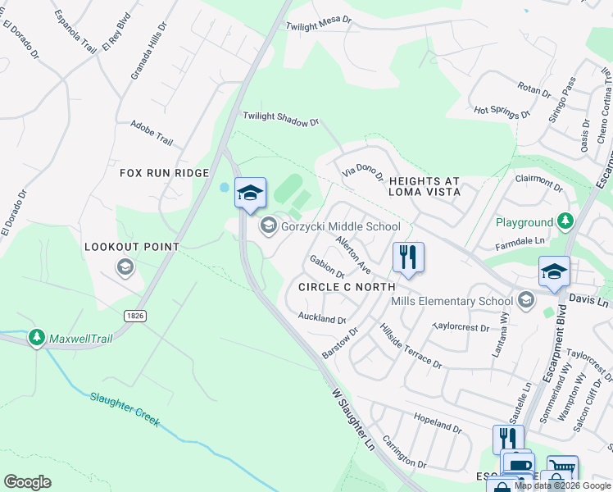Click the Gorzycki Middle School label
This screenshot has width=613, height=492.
pos(341,226)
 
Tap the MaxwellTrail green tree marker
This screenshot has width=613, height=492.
pos(36,337)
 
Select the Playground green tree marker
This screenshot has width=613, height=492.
pos(565,221)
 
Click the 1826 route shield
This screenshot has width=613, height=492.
pos(136,316)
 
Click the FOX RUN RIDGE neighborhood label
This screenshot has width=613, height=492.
pos(165,173)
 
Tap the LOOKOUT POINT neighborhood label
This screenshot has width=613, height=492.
pos(132,246)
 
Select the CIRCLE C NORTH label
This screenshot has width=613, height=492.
pos(347,287)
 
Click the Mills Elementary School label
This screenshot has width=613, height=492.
pos(452,301)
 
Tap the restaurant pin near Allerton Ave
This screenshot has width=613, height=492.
pos(408,257)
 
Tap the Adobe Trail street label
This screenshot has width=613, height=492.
pos(152,133)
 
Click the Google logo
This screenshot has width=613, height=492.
pos(27,482)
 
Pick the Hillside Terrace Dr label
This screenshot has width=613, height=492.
pos(411,346)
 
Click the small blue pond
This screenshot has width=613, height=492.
pos(224,187)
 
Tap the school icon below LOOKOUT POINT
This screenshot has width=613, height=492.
pos(125,266)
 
